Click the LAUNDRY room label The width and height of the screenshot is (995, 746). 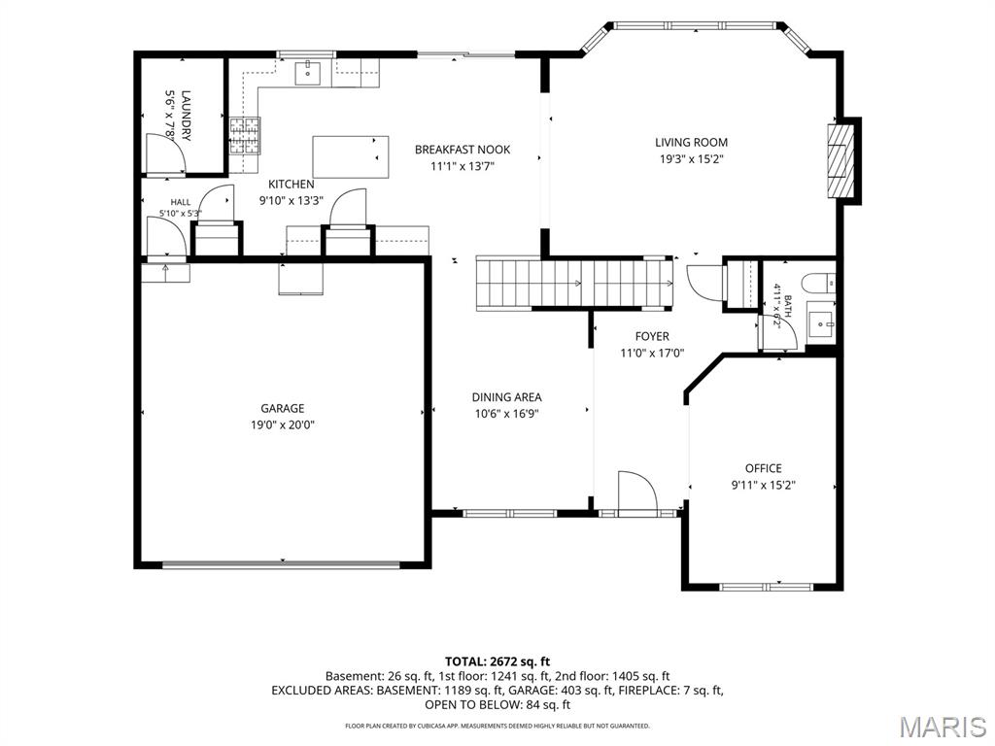[186, 116]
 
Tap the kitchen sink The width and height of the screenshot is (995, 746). [308, 72]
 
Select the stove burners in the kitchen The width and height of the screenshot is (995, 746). [245, 136]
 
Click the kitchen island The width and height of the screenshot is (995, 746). [351, 156]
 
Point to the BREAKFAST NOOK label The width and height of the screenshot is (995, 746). [463, 150]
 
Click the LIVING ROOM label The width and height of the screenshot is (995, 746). [691, 143]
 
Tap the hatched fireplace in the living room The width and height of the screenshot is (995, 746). [837, 161]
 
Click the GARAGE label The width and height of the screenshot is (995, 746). [283, 409]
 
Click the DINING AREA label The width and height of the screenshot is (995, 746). [506, 397]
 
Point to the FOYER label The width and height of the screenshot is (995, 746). [652, 336]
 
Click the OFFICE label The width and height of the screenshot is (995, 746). [764, 468]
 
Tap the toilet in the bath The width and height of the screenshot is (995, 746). [818, 283]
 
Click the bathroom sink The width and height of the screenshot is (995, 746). [821, 323]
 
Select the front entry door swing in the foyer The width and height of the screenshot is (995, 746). [637, 491]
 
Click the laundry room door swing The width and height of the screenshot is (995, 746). [165, 153]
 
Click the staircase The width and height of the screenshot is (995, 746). [575, 283]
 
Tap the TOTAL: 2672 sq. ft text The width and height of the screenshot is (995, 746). [497, 662]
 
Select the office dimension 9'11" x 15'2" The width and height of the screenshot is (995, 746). [764, 486]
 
